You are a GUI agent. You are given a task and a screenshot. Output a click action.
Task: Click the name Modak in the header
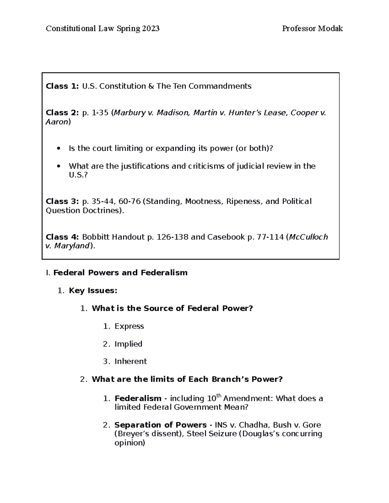click(x=330, y=29)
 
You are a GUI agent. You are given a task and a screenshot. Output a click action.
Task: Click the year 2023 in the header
click(x=151, y=29)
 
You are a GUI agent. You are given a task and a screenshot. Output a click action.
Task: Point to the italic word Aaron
click(x=56, y=122)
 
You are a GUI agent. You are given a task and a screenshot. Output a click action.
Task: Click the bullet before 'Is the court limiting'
click(x=58, y=149)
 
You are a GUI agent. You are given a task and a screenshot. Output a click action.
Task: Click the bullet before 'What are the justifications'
click(x=58, y=166)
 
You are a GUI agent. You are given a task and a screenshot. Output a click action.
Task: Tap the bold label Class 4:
click(x=62, y=237)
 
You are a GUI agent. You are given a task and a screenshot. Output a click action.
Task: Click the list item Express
click(x=129, y=326)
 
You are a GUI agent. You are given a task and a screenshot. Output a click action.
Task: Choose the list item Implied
click(x=128, y=344)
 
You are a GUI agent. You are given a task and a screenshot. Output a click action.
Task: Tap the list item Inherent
click(x=131, y=361)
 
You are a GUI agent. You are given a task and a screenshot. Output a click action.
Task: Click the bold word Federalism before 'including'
click(x=138, y=398)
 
